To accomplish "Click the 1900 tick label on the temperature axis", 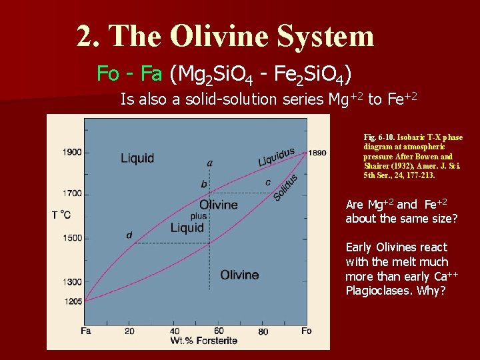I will tap(72, 152).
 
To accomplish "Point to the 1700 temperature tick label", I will tap(72, 194).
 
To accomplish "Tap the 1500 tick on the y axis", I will tap(72, 238).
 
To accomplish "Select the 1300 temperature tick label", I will tap(72, 283).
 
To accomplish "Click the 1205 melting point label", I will tap(73, 301).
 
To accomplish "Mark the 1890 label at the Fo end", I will tap(317, 153).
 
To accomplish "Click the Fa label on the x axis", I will tap(86, 331).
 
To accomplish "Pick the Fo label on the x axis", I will tap(307, 331).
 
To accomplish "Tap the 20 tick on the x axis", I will tap(129, 331).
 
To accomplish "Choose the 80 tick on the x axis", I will tap(263, 331).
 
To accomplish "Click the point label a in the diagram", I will tap(210, 163).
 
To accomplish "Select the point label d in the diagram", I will tap(129, 235).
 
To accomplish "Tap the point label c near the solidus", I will tap(267, 182).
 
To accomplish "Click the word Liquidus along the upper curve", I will tap(276, 157).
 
